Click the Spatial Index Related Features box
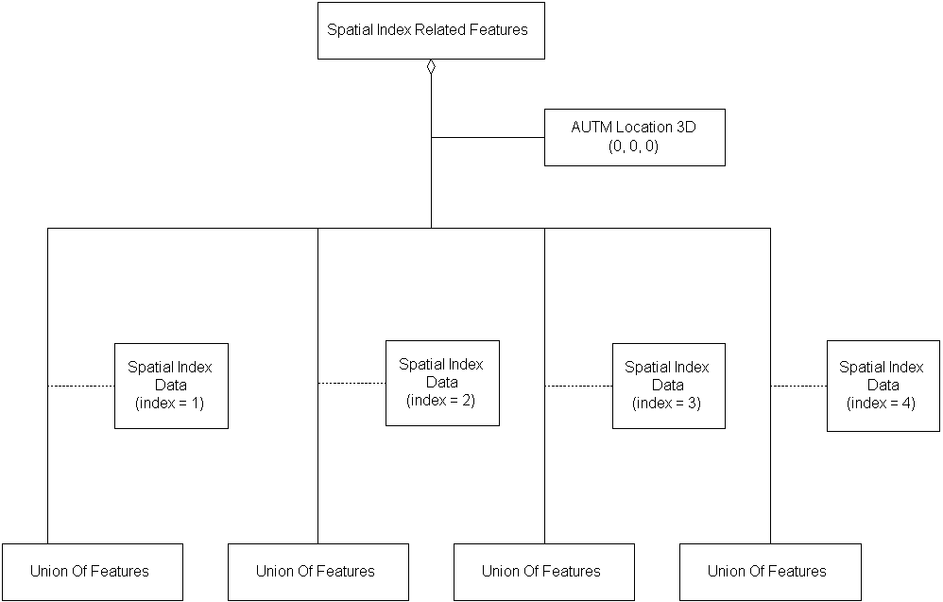click(430, 30)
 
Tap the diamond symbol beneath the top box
click(431, 66)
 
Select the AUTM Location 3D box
click(634, 137)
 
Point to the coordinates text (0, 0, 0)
click(633, 146)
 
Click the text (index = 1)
click(171, 403)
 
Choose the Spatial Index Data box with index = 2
click(442, 383)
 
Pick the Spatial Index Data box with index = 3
click(668, 386)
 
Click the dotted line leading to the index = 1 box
click(81, 386)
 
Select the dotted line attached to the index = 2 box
click(351, 383)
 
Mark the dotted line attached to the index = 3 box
click(578, 386)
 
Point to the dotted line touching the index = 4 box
click(798, 386)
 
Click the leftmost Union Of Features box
click(91, 572)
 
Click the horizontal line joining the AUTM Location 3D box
click(488, 138)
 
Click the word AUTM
click(592, 127)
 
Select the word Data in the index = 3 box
click(668, 385)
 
